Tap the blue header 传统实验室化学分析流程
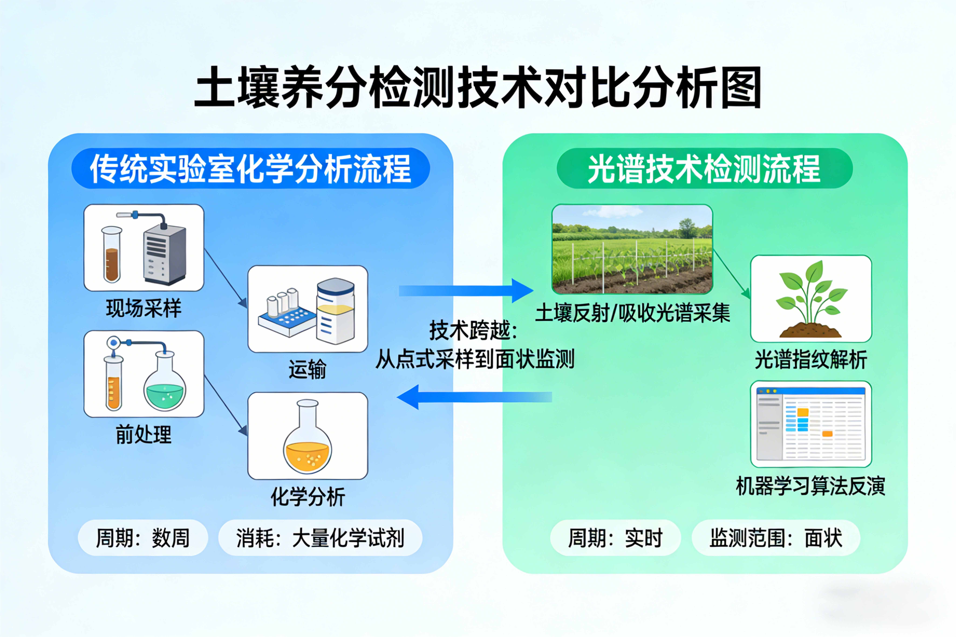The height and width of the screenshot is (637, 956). (250, 168)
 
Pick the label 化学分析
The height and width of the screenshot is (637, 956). (308, 496)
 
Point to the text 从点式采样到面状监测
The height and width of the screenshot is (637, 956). (475, 359)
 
